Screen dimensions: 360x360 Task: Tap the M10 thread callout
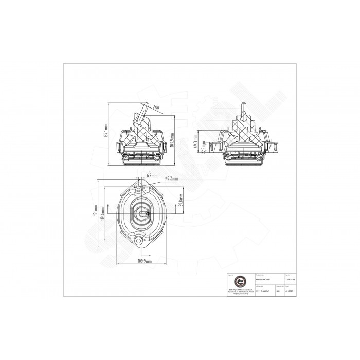coord(154,108)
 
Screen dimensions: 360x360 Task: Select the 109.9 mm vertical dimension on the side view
coord(173,138)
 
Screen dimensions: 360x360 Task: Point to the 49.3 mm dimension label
coord(194,141)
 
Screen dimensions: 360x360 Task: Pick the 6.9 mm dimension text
coord(152,175)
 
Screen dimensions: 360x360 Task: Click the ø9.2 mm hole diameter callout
coord(171,178)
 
